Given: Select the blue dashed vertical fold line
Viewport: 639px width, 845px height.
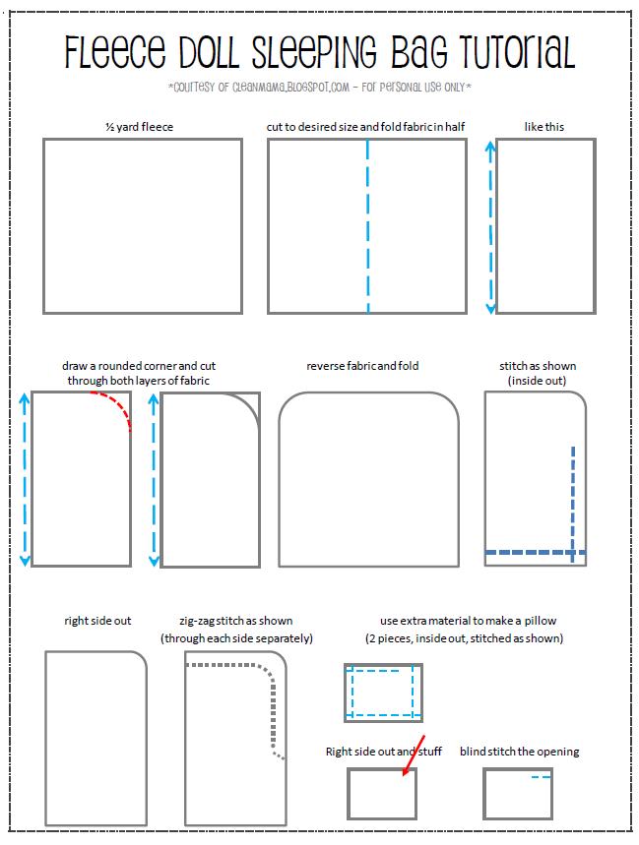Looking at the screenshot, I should click(368, 226).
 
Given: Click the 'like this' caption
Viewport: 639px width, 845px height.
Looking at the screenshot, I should click(544, 127).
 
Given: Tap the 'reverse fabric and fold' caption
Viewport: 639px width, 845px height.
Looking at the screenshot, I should click(362, 366).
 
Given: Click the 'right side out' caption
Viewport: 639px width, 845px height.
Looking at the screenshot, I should click(97, 621).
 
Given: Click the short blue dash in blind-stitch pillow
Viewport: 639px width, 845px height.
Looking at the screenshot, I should click(540, 778).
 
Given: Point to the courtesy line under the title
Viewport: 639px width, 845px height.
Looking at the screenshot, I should click(320, 88).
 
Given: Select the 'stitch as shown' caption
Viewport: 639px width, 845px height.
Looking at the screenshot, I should click(537, 373).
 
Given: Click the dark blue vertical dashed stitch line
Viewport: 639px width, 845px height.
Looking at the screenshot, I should click(572, 502).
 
